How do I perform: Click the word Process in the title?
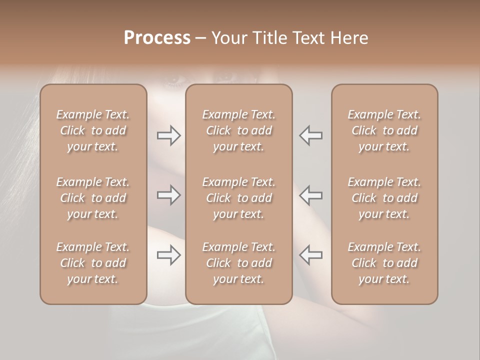pyautogui.click(x=157, y=38)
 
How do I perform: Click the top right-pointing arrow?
pyautogui.click(x=169, y=135)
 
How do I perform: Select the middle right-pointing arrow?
pyautogui.click(x=169, y=195)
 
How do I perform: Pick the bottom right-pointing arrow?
pyautogui.click(x=169, y=255)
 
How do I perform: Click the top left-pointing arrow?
pyautogui.click(x=311, y=135)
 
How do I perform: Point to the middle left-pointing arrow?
pyautogui.click(x=311, y=195)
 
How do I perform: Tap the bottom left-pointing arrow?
pyautogui.click(x=311, y=255)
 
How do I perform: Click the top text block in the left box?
pyautogui.click(x=93, y=130)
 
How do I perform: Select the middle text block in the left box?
pyautogui.click(x=93, y=198)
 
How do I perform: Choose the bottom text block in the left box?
pyautogui.click(x=93, y=263)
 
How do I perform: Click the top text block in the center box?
pyautogui.click(x=239, y=130)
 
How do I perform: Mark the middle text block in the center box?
pyautogui.click(x=239, y=198)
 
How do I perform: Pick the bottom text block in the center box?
pyautogui.click(x=239, y=263)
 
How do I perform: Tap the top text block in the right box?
pyautogui.click(x=384, y=130)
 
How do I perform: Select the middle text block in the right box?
pyautogui.click(x=384, y=198)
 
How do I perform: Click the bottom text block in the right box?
pyautogui.click(x=384, y=263)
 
